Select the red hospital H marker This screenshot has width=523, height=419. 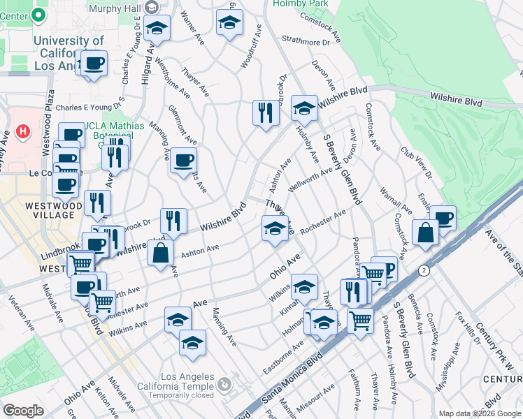pos(23,131)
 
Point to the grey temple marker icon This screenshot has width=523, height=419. pos(224,384)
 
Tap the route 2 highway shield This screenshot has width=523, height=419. pos(423,270)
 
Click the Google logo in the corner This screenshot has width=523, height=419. pos(23,411)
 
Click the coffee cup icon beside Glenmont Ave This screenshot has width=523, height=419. pos(183,161)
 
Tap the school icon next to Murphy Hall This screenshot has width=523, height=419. pos(157,29)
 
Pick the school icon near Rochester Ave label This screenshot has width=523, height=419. pos(275,228)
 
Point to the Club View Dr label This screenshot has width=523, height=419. pos(417,163)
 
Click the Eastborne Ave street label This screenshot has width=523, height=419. pos(285,356)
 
